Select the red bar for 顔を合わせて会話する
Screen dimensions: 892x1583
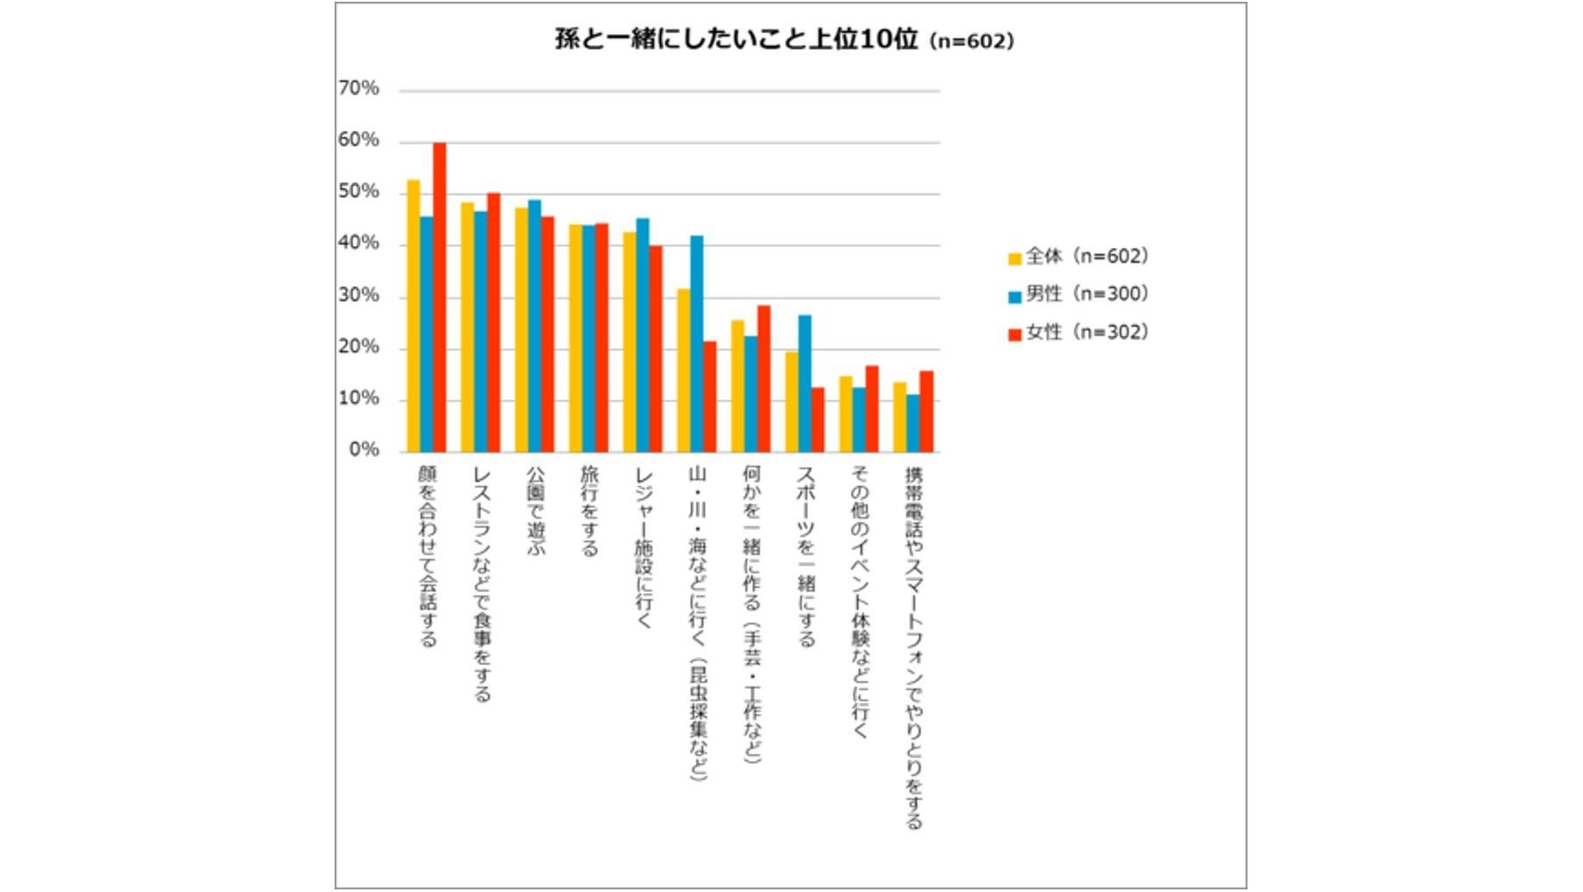point(440,298)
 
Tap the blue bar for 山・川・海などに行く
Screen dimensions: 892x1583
point(696,343)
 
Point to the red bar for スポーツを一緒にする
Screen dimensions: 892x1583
point(817,420)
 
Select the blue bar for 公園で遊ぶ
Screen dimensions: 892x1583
point(534,326)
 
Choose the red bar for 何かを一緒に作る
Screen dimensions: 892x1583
point(764,379)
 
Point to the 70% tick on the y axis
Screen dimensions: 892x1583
point(358,88)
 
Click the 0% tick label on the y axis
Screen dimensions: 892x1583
point(364,450)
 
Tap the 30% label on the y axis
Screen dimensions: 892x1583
point(358,295)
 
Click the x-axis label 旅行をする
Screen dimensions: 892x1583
point(590,511)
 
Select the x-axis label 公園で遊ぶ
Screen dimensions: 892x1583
point(535,509)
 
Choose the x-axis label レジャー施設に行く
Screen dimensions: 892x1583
point(644,547)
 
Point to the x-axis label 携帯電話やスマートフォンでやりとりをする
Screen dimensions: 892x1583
point(914,647)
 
